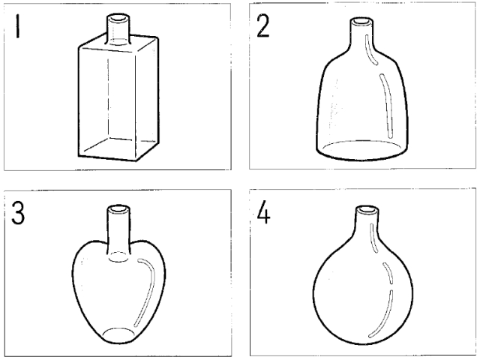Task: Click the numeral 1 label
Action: pos(17,27)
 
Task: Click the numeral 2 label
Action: pos(262,26)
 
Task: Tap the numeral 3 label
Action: pos(18,213)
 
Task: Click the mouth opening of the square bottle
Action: pos(118,18)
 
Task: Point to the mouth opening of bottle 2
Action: pos(361,22)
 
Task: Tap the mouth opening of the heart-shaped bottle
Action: pos(118,209)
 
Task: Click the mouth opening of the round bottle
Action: pos(367,210)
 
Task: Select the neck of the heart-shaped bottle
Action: pos(118,233)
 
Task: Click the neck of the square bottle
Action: pos(118,30)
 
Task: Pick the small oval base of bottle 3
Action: pos(118,335)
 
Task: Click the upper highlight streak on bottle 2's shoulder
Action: pos(371,49)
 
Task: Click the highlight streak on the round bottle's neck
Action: pos(374,238)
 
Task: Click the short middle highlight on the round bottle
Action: pos(388,273)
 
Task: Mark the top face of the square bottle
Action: pos(118,43)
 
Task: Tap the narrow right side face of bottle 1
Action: pos(147,98)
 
